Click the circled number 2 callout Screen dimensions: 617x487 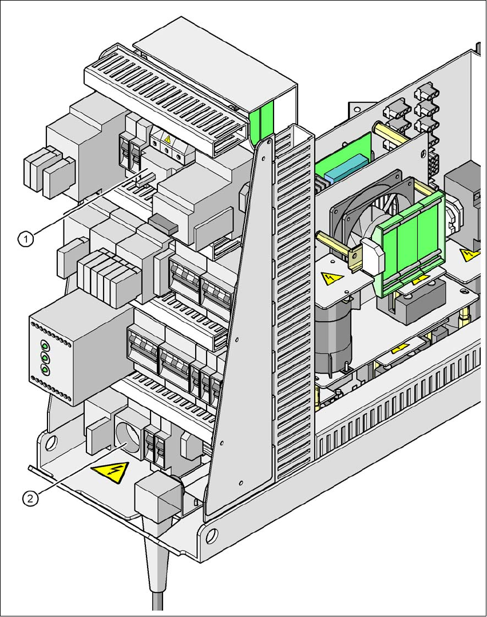click(x=30, y=499)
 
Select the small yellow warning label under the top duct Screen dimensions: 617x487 click(x=168, y=139)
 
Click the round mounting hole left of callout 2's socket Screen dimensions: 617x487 click(x=51, y=441)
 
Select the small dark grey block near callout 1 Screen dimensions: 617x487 click(x=162, y=223)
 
